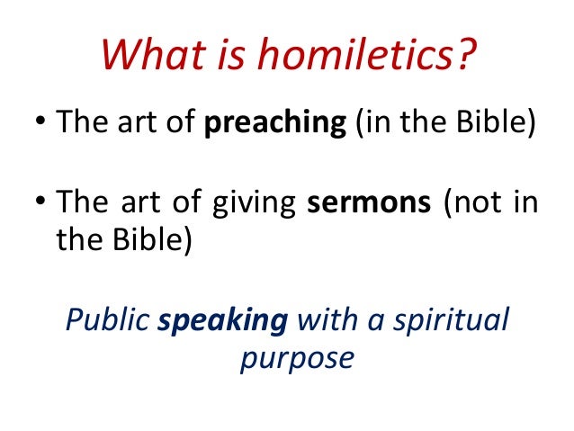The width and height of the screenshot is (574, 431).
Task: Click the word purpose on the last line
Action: tap(297, 357)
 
